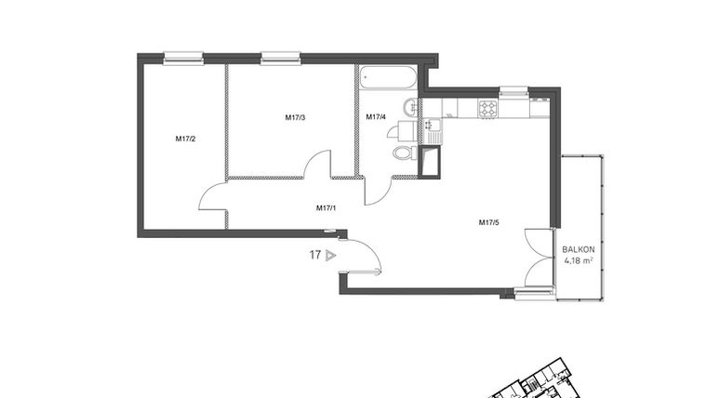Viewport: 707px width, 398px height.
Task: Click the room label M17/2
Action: tap(185, 139)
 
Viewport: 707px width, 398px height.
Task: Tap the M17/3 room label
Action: tap(295, 117)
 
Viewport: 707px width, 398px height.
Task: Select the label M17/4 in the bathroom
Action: tap(376, 117)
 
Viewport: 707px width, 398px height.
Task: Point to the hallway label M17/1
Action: tap(326, 208)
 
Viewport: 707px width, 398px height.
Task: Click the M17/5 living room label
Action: tap(489, 222)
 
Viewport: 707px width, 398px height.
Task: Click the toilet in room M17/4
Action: tap(403, 153)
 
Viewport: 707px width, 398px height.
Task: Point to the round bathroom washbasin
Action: tap(412, 108)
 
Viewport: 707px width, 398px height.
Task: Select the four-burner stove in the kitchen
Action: tap(489, 109)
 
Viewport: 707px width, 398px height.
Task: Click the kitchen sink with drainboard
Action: tap(434, 129)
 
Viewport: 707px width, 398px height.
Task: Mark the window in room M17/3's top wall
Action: tap(281, 58)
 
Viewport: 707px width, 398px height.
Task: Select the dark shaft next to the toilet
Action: tap(430, 163)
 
